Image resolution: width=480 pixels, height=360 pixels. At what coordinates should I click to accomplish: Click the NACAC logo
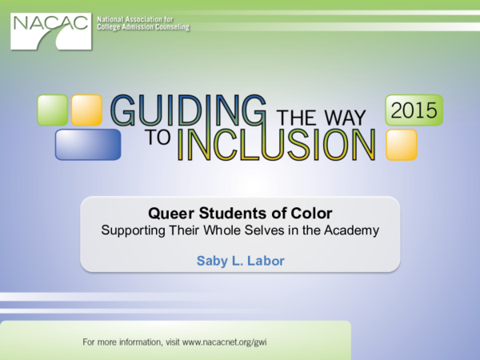click(50, 29)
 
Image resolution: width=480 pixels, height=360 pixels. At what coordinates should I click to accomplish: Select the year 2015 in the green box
click(414, 110)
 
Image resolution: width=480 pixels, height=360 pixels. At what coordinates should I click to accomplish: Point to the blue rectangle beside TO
click(87, 144)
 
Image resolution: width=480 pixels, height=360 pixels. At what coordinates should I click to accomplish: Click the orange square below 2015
click(401, 145)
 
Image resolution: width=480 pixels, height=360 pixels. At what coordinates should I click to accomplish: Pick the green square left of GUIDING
click(51, 110)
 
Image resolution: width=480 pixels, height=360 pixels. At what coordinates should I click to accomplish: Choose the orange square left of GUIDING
click(86, 110)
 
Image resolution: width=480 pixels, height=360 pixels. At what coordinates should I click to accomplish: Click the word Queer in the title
click(167, 214)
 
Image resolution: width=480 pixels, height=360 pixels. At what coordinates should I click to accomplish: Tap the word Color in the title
click(312, 214)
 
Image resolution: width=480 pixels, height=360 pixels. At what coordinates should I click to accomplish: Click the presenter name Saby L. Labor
click(240, 260)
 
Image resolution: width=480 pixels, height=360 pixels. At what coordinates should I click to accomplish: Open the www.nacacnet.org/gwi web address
click(223, 342)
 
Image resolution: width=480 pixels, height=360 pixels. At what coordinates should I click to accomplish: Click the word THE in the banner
click(296, 118)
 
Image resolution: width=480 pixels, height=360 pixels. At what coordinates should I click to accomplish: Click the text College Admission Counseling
click(144, 26)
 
